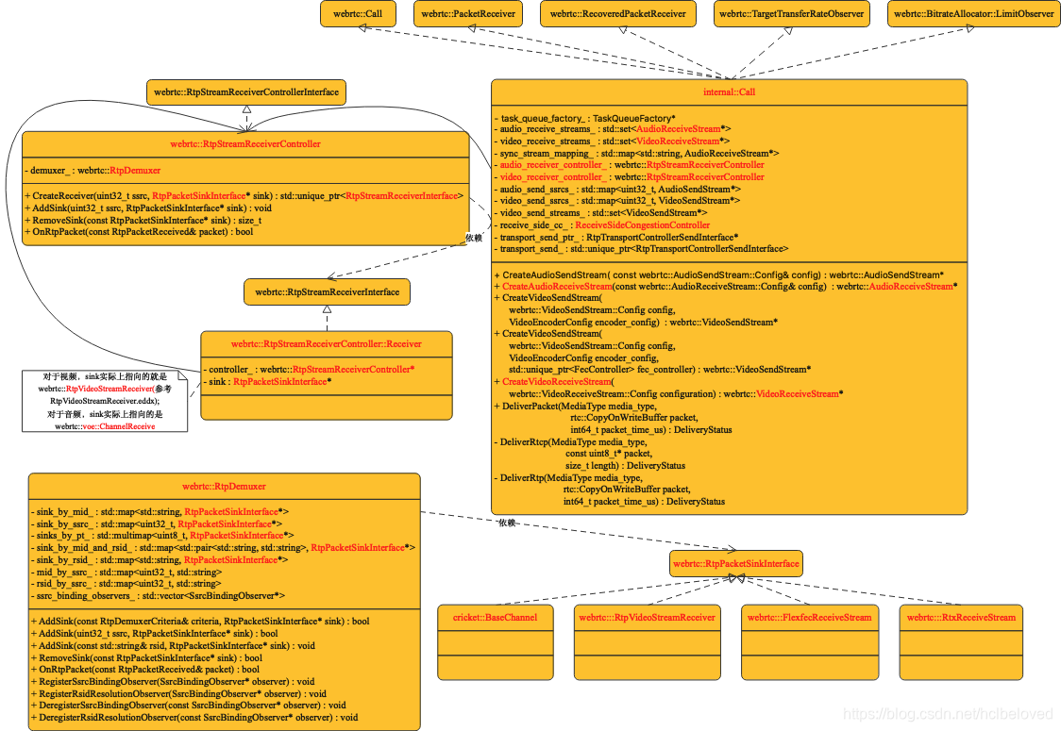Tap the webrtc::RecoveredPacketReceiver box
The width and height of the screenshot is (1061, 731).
617,14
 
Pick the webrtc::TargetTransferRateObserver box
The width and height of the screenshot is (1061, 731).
790,14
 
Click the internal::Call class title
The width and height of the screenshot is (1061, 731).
729,92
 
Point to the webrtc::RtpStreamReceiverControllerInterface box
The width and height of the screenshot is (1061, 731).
246,91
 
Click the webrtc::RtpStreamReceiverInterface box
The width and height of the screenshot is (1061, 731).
327,291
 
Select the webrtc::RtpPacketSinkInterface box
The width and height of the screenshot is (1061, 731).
736,564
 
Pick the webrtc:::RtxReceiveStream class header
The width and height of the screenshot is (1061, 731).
961,618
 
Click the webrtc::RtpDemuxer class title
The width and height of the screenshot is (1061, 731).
225,488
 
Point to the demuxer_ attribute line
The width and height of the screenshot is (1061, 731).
95,170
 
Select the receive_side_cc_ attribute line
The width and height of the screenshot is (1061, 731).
604,225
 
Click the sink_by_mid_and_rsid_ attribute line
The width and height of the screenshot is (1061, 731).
223,547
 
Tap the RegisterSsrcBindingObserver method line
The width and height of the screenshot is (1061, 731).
176,681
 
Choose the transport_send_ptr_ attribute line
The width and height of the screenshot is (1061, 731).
618,237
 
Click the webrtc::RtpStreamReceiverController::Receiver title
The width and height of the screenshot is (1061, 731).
327,344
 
